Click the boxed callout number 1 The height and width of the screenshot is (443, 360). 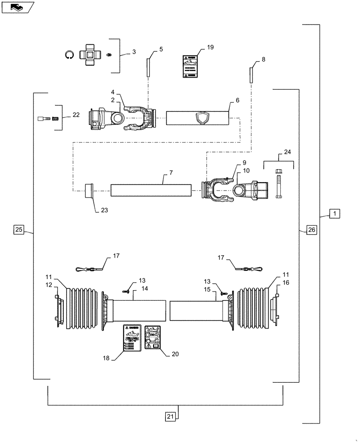pyautogui.click(x=335, y=214)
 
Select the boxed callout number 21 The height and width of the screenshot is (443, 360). pyautogui.click(x=171, y=416)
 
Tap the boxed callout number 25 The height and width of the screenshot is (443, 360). pyautogui.click(x=19, y=229)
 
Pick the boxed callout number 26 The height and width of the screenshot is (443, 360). pyautogui.click(x=311, y=229)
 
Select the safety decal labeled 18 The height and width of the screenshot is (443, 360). pyautogui.click(x=133, y=338)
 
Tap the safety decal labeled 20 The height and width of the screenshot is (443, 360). pyautogui.click(x=153, y=338)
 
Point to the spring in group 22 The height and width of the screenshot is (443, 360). pyautogui.click(x=56, y=118)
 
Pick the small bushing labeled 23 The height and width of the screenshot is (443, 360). pyautogui.click(x=90, y=192)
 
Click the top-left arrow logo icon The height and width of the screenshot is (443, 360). pyautogui.click(x=16, y=7)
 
